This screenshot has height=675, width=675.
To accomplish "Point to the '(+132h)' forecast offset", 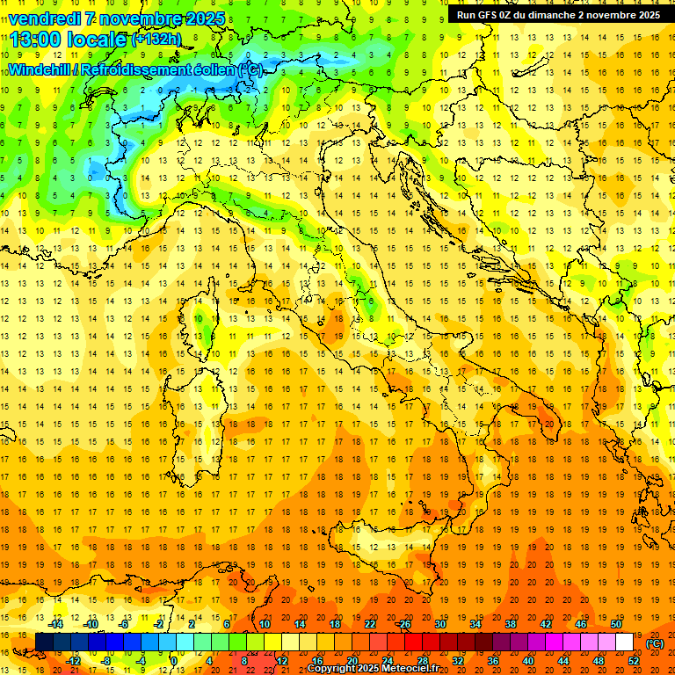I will point(156,39).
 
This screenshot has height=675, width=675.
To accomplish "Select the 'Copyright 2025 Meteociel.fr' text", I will point(373,669).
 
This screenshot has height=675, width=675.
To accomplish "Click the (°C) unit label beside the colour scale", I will point(655,643).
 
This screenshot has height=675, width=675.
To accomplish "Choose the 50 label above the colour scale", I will point(616,624).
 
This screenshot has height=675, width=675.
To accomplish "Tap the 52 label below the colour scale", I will point(634,660).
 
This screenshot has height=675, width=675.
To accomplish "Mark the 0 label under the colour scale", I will point(174,660).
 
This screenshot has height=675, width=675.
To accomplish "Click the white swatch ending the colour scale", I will point(625,642).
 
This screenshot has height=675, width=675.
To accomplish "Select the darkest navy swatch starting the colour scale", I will point(44,642).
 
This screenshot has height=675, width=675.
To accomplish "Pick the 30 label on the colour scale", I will point(439,624).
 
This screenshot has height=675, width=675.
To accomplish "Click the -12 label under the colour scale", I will point(74,660).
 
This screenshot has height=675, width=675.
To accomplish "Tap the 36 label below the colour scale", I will point(492,660).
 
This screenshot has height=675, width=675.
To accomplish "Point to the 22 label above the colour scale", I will point(369,624).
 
